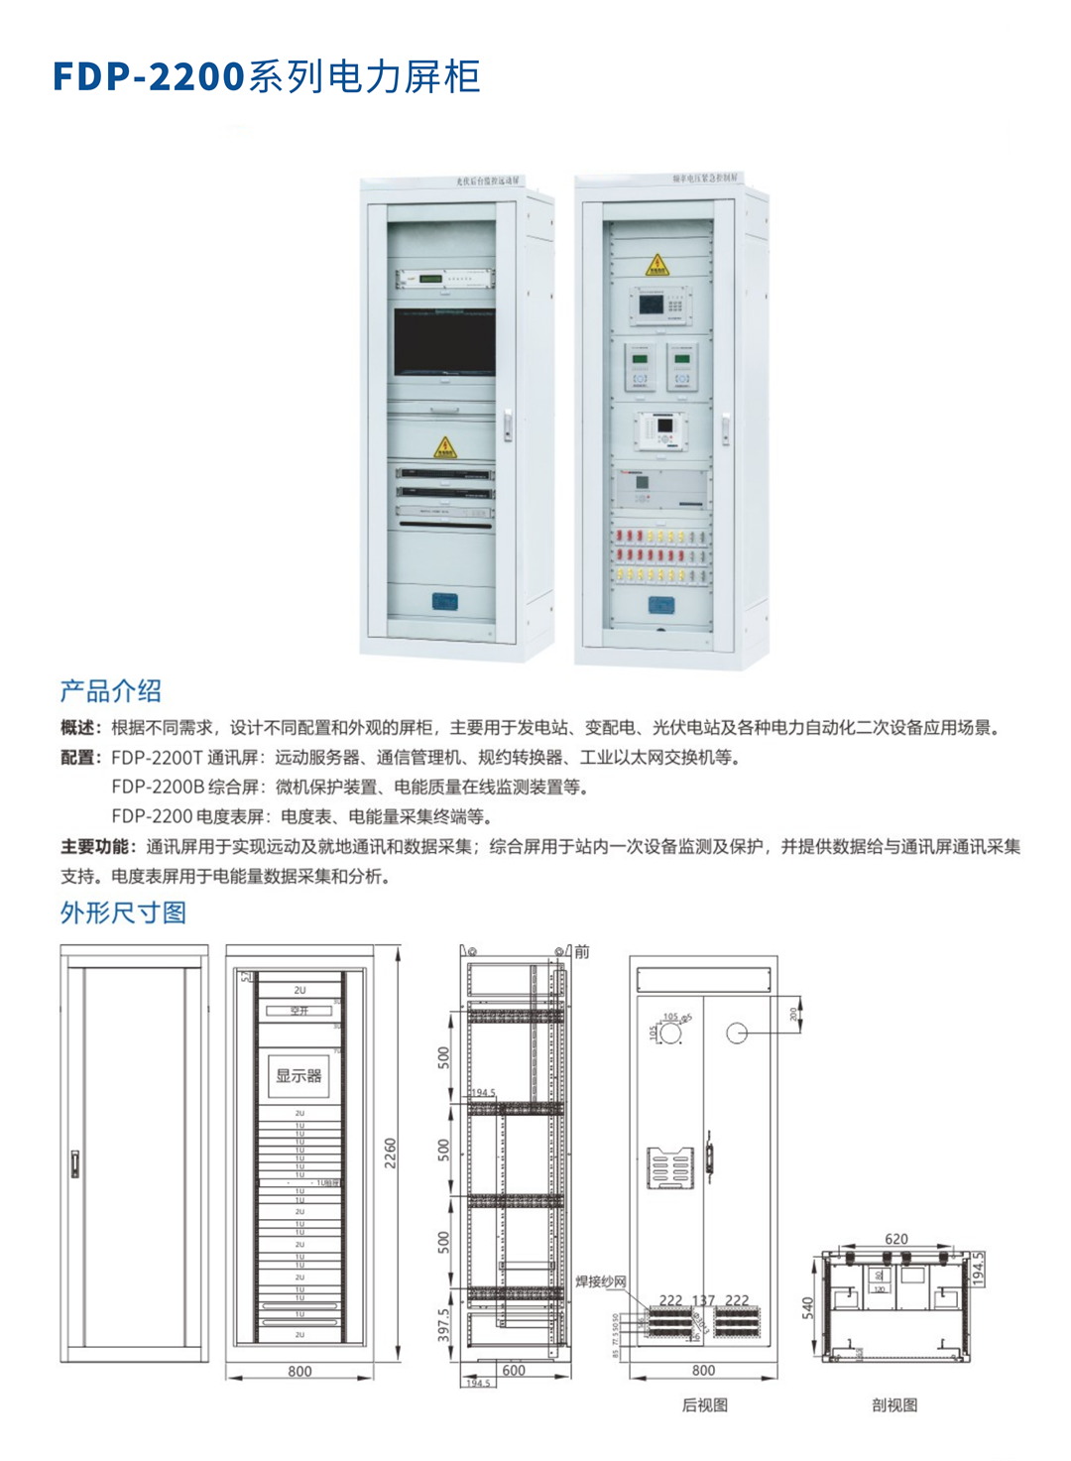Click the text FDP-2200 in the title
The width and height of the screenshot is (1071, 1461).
point(149,77)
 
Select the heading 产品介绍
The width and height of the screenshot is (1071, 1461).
point(110,691)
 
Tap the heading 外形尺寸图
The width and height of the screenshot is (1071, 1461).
point(123,913)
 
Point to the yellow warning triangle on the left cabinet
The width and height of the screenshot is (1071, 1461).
point(444,447)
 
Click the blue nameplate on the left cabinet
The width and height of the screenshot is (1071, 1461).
point(444,601)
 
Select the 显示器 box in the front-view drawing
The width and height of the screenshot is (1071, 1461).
point(298,1075)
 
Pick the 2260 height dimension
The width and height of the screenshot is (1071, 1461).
point(391,1153)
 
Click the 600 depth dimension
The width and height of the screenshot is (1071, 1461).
point(514,1370)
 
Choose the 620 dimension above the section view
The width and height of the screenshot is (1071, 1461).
point(895,1239)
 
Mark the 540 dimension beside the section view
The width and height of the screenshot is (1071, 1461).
point(808,1307)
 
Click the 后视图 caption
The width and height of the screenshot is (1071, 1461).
point(704,1404)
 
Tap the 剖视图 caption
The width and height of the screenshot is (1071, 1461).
point(894,1404)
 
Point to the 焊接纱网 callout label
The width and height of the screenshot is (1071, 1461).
point(601,1281)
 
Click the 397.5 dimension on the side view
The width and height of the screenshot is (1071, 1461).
point(443,1324)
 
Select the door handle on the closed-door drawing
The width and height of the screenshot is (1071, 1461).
point(75,1163)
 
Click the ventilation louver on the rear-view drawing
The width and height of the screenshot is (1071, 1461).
point(670,1166)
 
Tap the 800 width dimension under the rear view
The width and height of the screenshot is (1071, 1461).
point(703,1370)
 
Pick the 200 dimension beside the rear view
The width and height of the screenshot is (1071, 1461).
point(793,1014)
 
